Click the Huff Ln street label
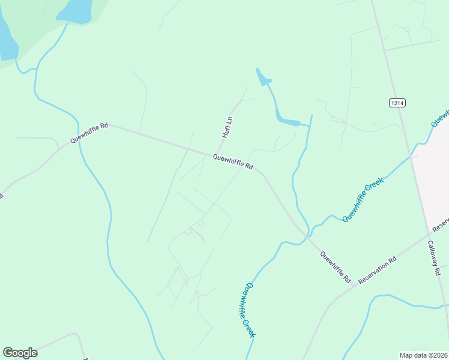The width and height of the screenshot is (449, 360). (227, 127)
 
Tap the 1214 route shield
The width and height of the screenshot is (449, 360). (397, 103)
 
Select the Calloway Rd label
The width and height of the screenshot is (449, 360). (435, 258)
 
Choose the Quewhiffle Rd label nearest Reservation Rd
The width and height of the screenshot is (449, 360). (335, 267)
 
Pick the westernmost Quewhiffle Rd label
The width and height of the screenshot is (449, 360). (89, 133)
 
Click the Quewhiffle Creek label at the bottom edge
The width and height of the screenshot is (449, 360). (250, 310)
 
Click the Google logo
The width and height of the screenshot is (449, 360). (20, 353)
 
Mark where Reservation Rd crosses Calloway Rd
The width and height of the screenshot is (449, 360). (430, 232)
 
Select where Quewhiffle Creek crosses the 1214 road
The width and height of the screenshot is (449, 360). (412, 155)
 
